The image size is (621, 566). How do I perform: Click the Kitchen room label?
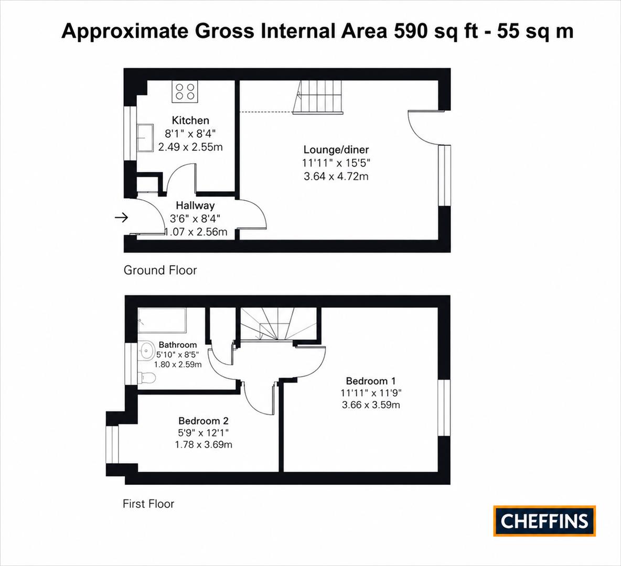[190, 121]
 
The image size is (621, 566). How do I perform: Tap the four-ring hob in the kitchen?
[185, 92]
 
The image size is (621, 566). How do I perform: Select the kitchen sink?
[145, 137]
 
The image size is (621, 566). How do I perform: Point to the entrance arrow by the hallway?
[122, 217]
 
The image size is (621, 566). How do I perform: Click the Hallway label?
[195, 205]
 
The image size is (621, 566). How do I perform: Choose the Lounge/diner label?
[336, 149]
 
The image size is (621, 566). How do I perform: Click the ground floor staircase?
[317, 97]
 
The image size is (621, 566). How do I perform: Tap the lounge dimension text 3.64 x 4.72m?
[336, 176]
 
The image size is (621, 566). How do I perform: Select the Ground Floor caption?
[160, 270]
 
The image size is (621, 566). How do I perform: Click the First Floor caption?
[148, 504]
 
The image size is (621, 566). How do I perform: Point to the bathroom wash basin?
[146, 351]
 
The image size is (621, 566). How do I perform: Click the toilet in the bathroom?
[146, 378]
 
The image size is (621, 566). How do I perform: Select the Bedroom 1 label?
[371, 381]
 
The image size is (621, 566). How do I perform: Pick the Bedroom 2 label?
[204, 421]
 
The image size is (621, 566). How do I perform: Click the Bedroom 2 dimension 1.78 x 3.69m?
[204, 444]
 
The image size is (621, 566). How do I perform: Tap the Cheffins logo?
[544, 521]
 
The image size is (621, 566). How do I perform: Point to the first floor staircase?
[278, 324]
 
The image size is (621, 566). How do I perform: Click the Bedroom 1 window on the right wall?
[444, 408]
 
